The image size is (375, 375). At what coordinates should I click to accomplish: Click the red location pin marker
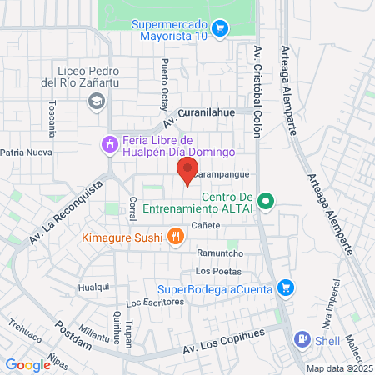[x=184, y=171]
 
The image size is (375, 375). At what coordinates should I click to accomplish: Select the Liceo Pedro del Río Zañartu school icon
[x=97, y=101]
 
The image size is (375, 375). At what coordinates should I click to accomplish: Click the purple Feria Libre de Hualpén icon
[x=108, y=145]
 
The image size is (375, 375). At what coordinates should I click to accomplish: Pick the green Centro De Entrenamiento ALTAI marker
[x=266, y=200]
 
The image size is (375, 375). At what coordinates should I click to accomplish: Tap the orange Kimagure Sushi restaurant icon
[x=175, y=237]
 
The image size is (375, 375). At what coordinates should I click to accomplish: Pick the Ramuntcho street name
[x=219, y=253]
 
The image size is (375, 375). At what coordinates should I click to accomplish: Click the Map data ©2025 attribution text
[x=338, y=367]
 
